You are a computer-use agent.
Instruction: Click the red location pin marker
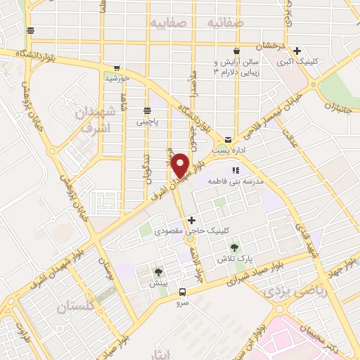[x=182, y=165]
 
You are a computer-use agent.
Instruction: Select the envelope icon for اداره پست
[x=228, y=140]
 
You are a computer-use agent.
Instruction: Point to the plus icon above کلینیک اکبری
[x=297, y=51]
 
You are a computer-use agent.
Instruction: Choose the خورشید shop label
[x=117, y=78]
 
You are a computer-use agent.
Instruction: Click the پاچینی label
[x=147, y=121]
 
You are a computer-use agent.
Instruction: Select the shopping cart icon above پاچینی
[x=147, y=110]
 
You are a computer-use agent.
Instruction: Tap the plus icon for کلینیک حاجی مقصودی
[x=191, y=220]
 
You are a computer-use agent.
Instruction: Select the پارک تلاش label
[x=235, y=259]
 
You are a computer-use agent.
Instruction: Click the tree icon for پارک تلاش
[x=234, y=247]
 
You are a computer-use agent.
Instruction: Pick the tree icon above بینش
[x=158, y=272]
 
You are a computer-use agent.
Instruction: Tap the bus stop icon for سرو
[x=183, y=292]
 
